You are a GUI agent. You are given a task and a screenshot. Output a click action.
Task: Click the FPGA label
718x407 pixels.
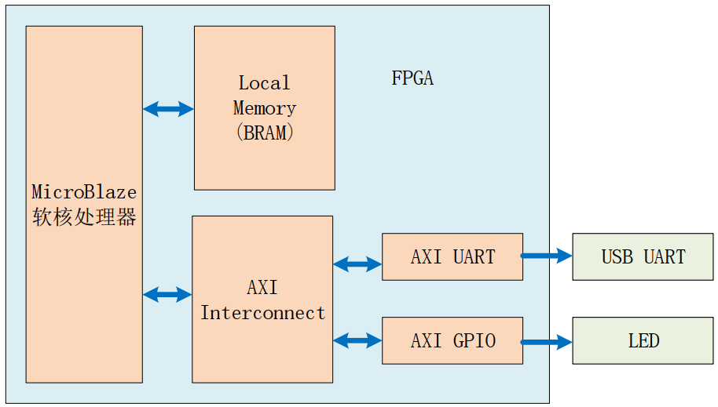click(412, 78)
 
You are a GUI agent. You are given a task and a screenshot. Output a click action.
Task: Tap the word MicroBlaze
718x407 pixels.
click(84, 192)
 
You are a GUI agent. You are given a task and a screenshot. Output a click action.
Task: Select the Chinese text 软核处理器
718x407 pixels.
click(84, 217)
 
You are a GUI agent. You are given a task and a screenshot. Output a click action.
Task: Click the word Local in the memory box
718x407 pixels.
click(264, 83)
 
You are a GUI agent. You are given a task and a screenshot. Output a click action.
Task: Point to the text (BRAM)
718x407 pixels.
click(264, 133)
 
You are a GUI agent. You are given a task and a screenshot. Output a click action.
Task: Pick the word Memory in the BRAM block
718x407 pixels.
click(264, 108)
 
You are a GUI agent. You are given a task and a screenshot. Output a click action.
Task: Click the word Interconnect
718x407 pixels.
click(262, 313)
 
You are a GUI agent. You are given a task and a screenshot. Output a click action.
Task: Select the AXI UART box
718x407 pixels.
click(452, 256)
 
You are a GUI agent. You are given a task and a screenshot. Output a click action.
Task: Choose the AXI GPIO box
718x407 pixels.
click(452, 340)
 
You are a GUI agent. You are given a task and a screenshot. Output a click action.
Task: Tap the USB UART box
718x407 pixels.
click(643, 256)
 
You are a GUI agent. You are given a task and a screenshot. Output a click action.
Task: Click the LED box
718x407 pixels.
click(643, 340)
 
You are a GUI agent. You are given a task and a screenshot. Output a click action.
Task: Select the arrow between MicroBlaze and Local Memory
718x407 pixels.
click(168, 109)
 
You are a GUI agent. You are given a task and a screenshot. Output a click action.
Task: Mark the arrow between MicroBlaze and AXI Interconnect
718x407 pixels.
click(167, 295)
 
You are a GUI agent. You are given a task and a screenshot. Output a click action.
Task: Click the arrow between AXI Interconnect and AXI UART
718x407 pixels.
click(357, 264)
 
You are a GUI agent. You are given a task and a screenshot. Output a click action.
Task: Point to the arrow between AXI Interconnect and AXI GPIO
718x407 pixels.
click(357, 340)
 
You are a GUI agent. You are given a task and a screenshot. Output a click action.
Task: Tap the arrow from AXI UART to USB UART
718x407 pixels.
click(547, 255)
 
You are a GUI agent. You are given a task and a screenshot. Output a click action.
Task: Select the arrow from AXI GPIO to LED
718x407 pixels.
click(547, 342)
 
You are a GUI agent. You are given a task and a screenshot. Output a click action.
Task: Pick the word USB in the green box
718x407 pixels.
click(617, 257)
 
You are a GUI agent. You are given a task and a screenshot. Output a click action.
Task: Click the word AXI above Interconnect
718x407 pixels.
click(262, 288)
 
